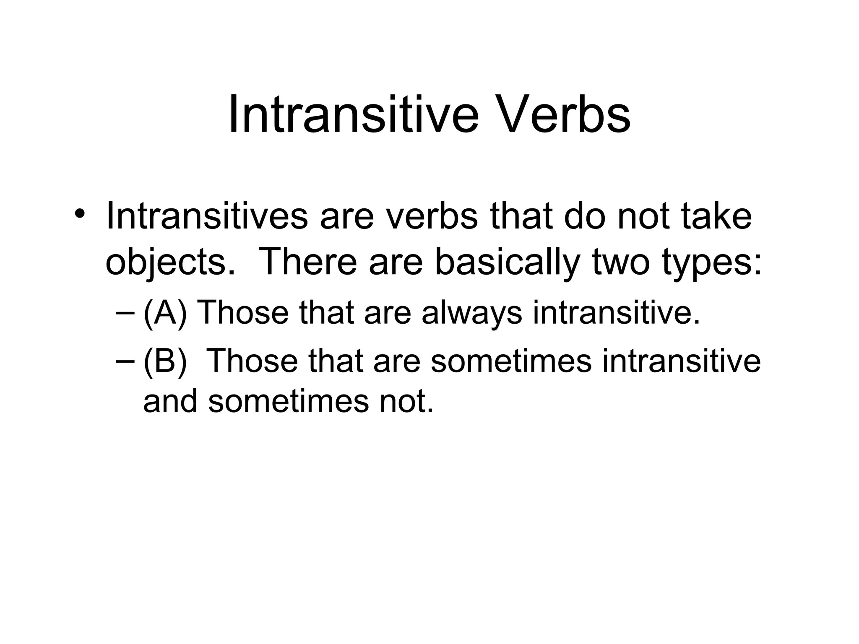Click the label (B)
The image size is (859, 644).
(164, 361)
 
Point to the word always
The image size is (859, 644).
(472, 314)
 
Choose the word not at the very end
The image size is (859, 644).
(405, 401)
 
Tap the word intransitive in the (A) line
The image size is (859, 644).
(616, 313)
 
